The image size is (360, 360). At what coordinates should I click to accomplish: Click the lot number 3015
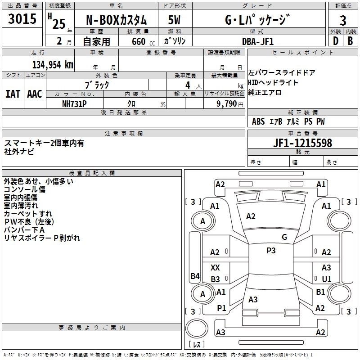23,19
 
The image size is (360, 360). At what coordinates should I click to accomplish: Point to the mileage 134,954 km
53,64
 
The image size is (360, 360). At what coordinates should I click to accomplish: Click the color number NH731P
74,103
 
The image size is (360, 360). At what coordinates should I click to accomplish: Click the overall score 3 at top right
343,20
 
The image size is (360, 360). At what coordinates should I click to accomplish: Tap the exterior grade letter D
336,41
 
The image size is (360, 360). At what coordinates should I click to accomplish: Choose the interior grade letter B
350,41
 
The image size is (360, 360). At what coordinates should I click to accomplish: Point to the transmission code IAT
13,94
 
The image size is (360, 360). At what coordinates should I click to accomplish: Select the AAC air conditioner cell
34,94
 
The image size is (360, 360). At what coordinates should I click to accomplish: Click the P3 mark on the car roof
271,251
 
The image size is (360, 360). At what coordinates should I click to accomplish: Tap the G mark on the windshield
284,237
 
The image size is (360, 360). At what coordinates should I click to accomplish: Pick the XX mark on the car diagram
215,268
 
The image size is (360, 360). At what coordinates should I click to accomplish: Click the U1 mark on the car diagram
326,279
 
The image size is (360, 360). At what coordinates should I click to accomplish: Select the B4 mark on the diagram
194,276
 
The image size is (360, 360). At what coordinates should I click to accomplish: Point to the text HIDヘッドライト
273,82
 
